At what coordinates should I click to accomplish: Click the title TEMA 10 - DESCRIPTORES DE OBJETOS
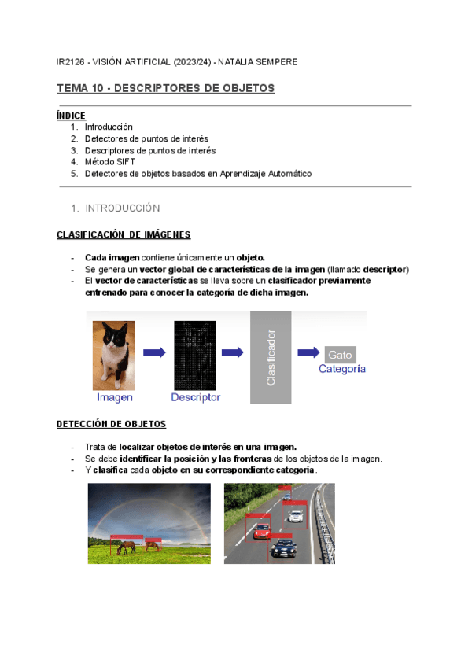pos(165,88)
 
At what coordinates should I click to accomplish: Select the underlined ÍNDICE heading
pos(71,116)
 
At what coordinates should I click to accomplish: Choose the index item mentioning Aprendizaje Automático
pos(197,174)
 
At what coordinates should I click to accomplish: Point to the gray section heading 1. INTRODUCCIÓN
pos(115,208)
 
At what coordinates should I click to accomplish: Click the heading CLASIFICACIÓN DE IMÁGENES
pos(123,235)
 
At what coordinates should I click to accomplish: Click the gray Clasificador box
pos(271,357)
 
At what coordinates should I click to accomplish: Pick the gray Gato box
pos(340,355)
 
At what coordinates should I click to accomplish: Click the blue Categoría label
pos(341,369)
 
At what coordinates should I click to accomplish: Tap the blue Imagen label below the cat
pos(114,397)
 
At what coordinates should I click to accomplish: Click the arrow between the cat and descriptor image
pos(154,352)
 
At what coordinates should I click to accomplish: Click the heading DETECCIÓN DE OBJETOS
pos(111,424)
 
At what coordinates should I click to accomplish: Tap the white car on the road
pos(295,516)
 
